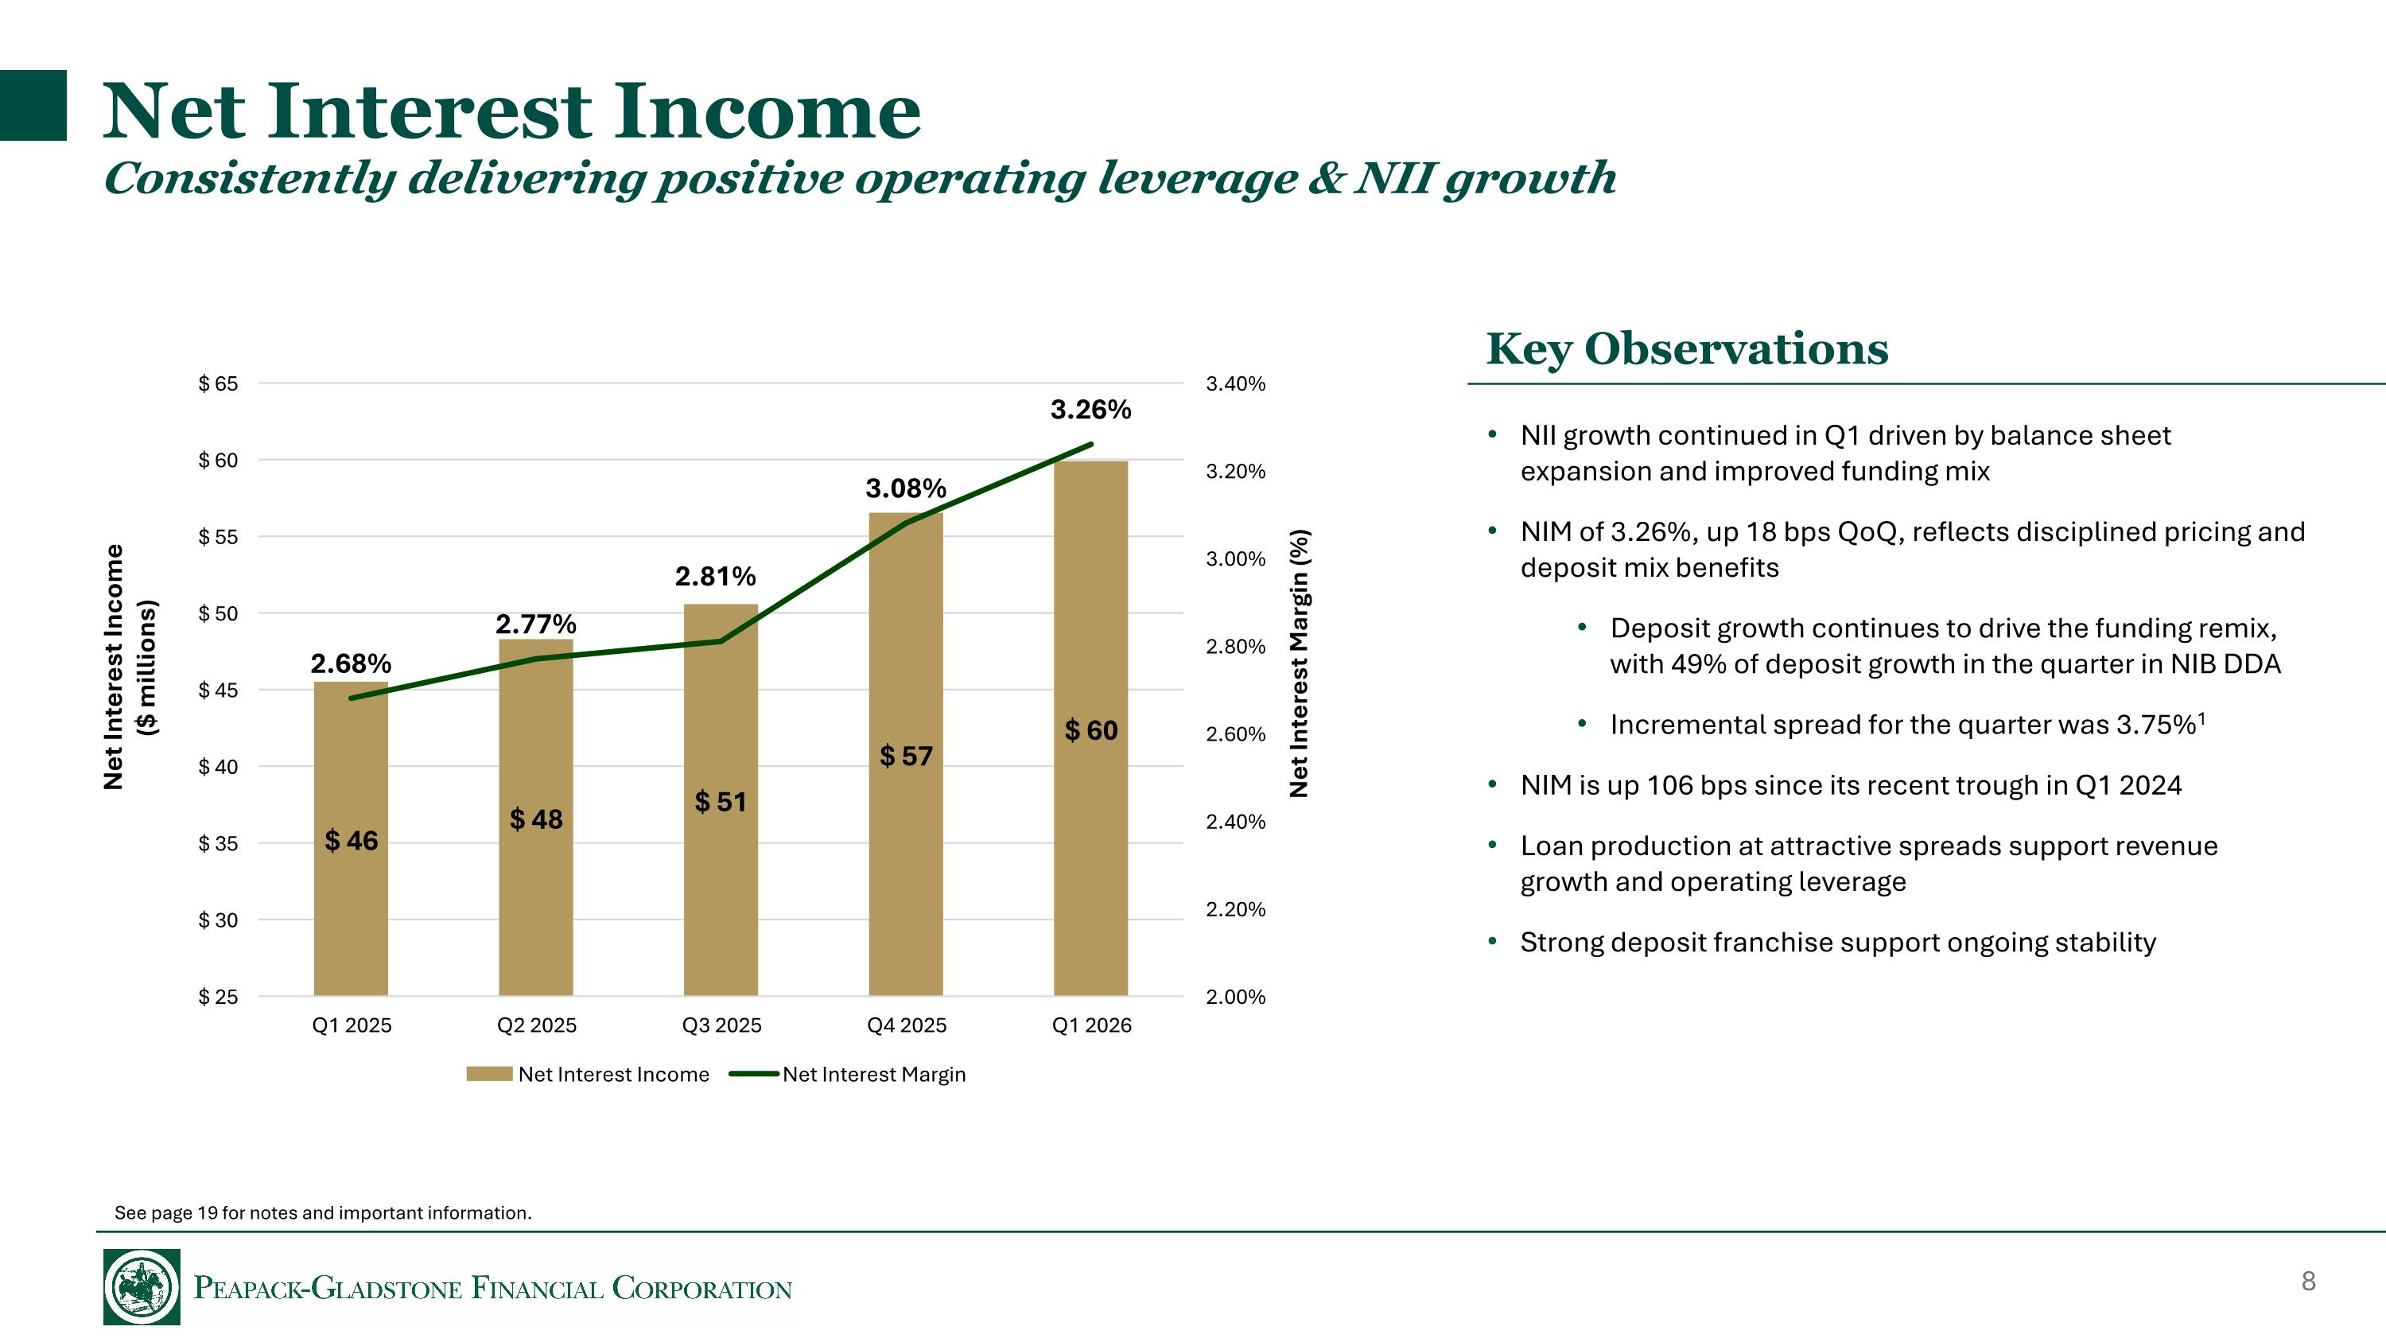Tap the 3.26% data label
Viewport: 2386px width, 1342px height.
pyautogui.click(x=1090, y=410)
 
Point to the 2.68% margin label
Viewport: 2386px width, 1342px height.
pyautogui.click(x=350, y=663)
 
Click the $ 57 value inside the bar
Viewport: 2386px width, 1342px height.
pyautogui.click(x=905, y=756)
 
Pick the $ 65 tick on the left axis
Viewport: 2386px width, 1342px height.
pyautogui.click(x=218, y=383)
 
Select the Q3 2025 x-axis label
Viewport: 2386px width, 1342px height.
pyautogui.click(x=721, y=1025)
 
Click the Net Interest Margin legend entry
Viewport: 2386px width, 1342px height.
pyautogui.click(x=872, y=1075)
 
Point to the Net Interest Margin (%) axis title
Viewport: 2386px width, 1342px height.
pyautogui.click(x=1300, y=663)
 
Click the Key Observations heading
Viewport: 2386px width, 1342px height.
pyautogui.click(x=1687, y=349)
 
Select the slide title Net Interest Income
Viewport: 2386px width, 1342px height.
pyautogui.click(x=511, y=111)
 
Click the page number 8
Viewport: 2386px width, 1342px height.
pyautogui.click(x=2308, y=1281)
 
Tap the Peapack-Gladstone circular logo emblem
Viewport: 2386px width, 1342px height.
pyautogui.click(x=142, y=1286)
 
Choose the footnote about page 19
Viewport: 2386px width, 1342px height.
pyautogui.click(x=322, y=1213)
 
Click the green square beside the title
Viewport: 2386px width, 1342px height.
pyautogui.click(x=33, y=105)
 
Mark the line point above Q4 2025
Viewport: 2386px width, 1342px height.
pyautogui.click(x=905, y=523)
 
